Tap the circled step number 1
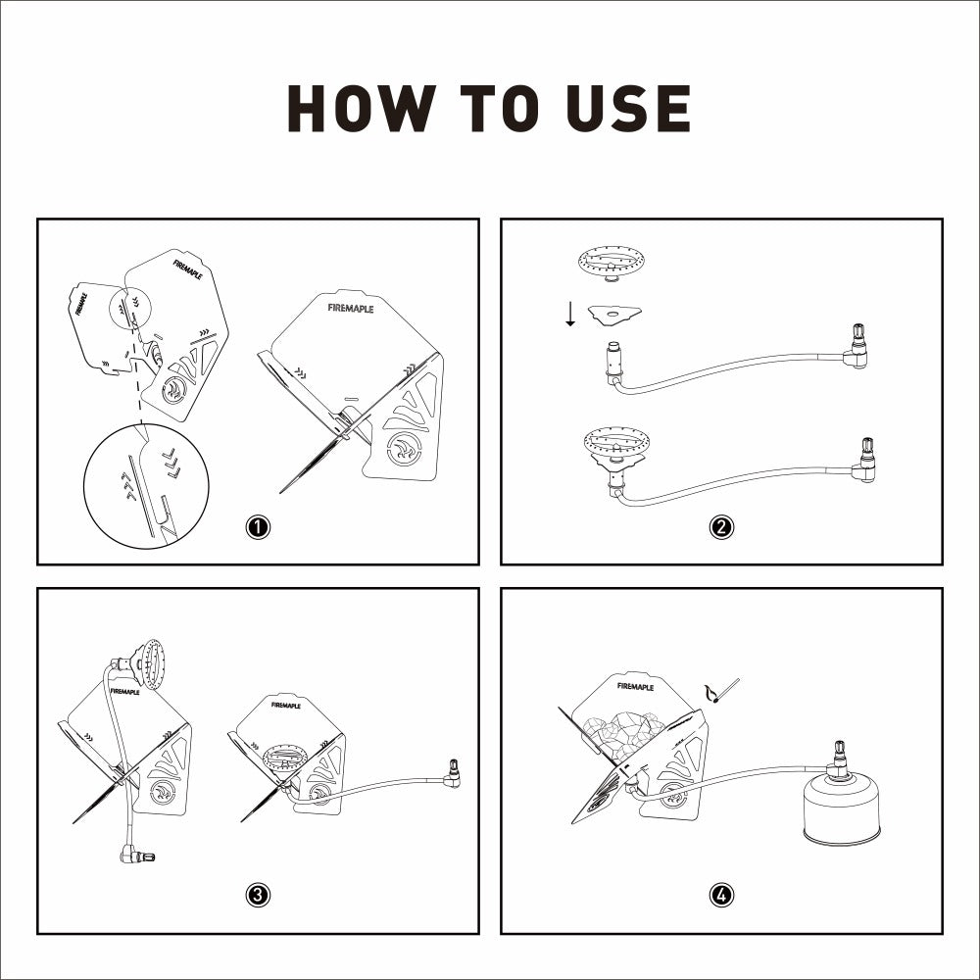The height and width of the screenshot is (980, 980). (x=258, y=527)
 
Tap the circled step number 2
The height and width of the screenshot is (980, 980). (x=721, y=527)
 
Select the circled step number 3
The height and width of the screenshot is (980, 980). (x=258, y=895)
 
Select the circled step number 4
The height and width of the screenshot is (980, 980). (x=721, y=895)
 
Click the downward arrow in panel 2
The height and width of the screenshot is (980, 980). (x=570, y=314)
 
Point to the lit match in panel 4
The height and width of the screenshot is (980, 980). (x=723, y=692)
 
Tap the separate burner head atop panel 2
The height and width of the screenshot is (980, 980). (x=612, y=263)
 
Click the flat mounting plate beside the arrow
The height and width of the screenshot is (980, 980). (x=615, y=315)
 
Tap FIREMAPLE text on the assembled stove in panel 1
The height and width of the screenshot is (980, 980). (x=351, y=308)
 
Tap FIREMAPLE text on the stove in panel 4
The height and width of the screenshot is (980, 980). (x=635, y=686)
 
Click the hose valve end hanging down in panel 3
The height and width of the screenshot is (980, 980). (x=136, y=854)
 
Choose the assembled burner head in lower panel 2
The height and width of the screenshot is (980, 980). (x=615, y=446)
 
